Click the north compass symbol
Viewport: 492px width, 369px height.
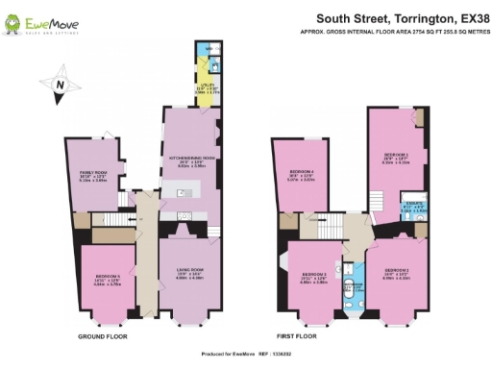point(60,86)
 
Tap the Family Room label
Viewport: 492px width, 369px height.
point(92,176)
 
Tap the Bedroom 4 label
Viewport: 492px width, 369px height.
point(300,175)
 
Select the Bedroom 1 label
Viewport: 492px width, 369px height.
point(397,156)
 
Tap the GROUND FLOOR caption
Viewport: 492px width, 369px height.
point(102,337)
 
